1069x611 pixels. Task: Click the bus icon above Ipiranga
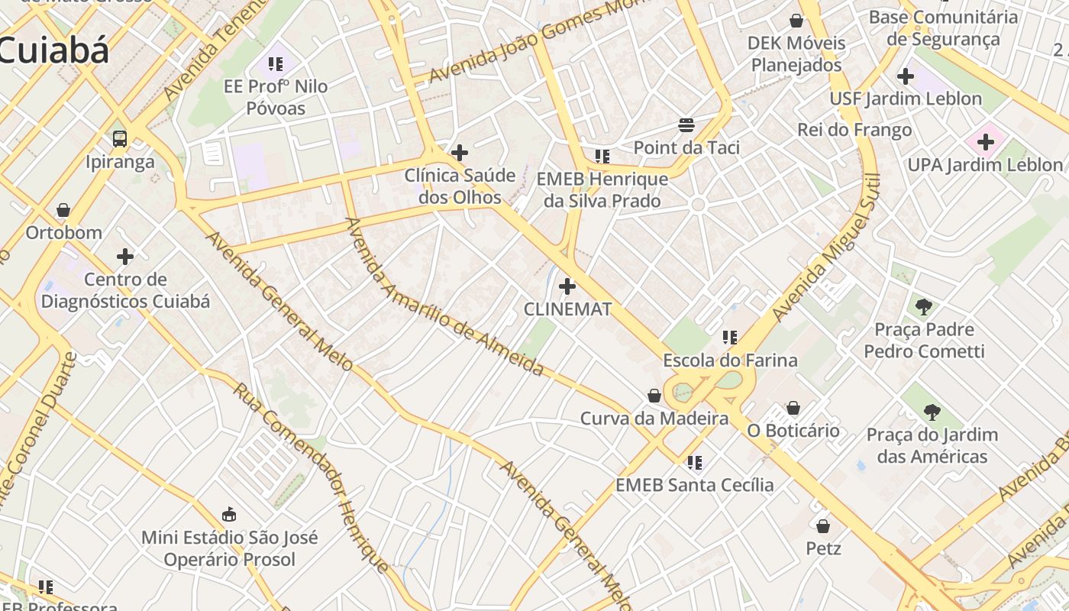tap(120, 138)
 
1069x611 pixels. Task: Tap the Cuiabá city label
tap(53, 50)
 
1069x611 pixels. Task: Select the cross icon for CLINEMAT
tap(567, 286)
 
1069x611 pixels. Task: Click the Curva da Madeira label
tap(654, 419)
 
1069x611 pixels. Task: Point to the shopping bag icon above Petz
tap(823, 525)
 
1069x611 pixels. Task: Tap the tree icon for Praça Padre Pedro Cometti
tap(924, 307)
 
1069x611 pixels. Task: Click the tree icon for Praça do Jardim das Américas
tap(932, 412)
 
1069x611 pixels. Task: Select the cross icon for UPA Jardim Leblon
tap(986, 141)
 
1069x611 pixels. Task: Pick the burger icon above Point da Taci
tap(686, 124)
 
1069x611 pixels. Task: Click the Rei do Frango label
tap(854, 130)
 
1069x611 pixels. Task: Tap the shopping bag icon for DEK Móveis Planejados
tap(796, 21)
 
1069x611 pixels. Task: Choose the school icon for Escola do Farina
tap(730, 337)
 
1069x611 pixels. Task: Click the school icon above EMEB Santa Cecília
tap(694, 462)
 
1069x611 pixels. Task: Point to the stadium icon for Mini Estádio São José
tap(229, 514)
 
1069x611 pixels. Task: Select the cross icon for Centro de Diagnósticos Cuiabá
tap(125, 257)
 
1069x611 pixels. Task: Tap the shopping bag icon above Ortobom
tap(63, 210)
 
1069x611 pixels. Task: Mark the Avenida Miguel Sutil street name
tap(825, 248)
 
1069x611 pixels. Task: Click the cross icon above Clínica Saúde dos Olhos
tap(460, 153)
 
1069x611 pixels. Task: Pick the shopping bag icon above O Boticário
tap(793, 408)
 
